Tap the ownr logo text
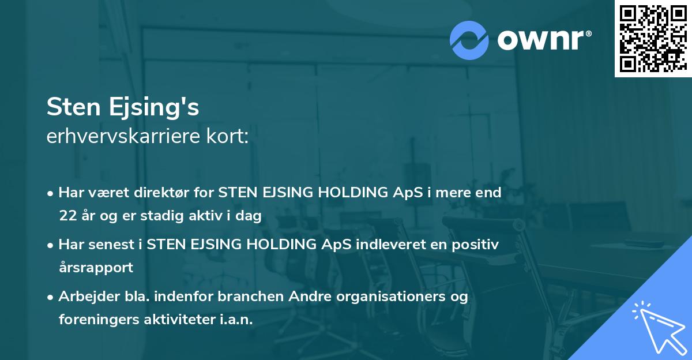(543, 40)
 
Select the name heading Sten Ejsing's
(123, 108)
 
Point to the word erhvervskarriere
(129, 137)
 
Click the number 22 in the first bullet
(66, 216)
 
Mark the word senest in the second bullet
(115, 244)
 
